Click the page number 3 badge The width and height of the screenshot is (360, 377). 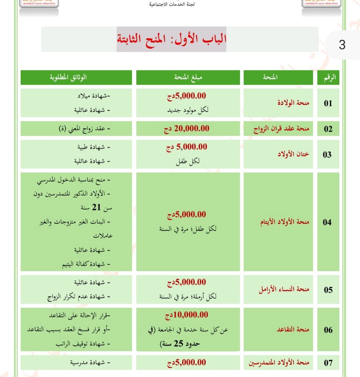pyautogui.click(x=342, y=45)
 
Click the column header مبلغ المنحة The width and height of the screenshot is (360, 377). pyautogui.click(x=188, y=77)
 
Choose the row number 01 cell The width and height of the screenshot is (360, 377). pyautogui.click(x=328, y=103)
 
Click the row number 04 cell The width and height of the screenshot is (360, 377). pyautogui.click(x=327, y=222)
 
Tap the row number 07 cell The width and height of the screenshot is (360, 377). pyautogui.click(x=328, y=363)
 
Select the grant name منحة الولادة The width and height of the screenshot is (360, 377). pyautogui.click(x=293, y=103)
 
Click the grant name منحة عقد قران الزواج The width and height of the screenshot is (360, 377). pyautogui.click(x=281, y=129)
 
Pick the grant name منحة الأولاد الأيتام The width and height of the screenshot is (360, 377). pyautogui.click(x=285, y=222)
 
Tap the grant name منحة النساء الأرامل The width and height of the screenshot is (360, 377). pyautogui.click(x=284, y=289)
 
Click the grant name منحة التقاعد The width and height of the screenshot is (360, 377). pyautogui.click(x=293, y=330)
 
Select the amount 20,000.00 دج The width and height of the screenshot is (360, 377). pyautogui.click(x=186, y=128)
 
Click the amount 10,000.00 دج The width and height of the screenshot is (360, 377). pyautogui.click(x=186, y=315)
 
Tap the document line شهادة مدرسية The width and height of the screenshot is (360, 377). pyautogui.click(x=88, y=363)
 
